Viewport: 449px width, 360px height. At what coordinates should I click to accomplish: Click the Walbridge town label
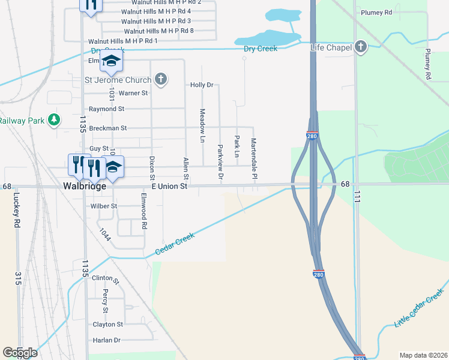pyautogui.click(x=85, y=187)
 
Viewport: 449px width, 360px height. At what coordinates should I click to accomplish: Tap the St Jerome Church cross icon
pyautogui.click(x=160, y=79)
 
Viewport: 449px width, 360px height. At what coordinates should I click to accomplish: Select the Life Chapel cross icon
pyautogui.click(x=361, y=47)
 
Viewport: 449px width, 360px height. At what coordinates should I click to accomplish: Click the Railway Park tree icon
pyautogui.click(x=55, y=120)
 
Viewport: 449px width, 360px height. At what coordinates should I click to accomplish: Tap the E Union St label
pyautogui.click(x=170, y=187)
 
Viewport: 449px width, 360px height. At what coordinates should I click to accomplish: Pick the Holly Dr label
pyautogui.click(x=202, y=85)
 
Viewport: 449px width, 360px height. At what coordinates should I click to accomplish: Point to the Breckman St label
pyautogui.click(x=108, y=128)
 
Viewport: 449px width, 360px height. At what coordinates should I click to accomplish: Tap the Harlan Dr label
pyautogui.click(x=106, y=340)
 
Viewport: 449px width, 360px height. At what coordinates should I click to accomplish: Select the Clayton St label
pyautogui.click(x=107, y=325)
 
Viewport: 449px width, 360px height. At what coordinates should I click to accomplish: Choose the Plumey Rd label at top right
pyautogui.click(x=376, y=12)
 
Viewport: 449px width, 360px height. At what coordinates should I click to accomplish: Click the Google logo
pyautogui.click(x=20, y=353)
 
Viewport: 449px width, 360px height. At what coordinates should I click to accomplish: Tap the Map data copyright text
pyautogui.click(x=423, y=355)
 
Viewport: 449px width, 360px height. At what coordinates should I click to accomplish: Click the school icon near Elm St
pyautogui.click(x=111, y=61)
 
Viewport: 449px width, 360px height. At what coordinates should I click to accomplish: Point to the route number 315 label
pyautogui.click(x=18, y=278)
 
